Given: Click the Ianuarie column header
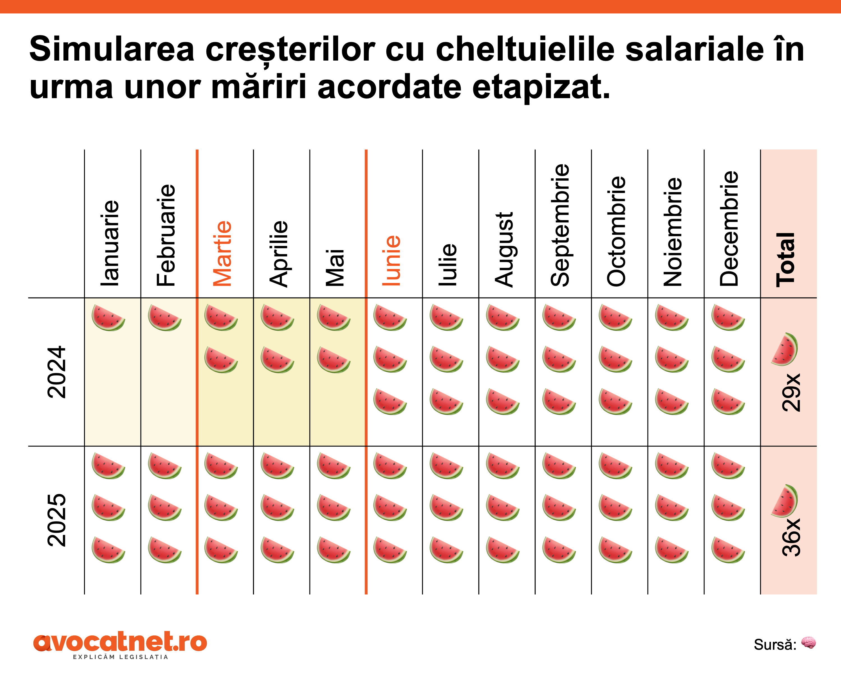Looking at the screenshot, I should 110,243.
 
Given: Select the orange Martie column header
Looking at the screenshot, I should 222,253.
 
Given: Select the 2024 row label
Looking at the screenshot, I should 57,372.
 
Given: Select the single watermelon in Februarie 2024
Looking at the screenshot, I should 165,318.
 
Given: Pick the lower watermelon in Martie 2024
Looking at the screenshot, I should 221,360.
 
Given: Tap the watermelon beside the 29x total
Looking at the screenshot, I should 785,349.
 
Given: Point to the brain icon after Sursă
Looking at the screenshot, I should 809,642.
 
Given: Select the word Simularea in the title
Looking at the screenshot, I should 112,50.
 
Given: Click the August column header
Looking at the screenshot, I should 504,249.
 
